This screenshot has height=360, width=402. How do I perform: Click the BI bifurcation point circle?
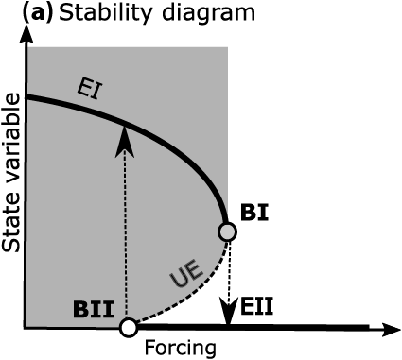tap(227, 231)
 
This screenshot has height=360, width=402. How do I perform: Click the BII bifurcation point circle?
tap(127, 328)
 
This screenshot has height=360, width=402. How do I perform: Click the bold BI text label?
tap(254, 212)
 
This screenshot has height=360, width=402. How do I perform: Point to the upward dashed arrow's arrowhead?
tap(121, 138)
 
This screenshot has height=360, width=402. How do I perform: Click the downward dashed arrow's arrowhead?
tap(227, 313)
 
